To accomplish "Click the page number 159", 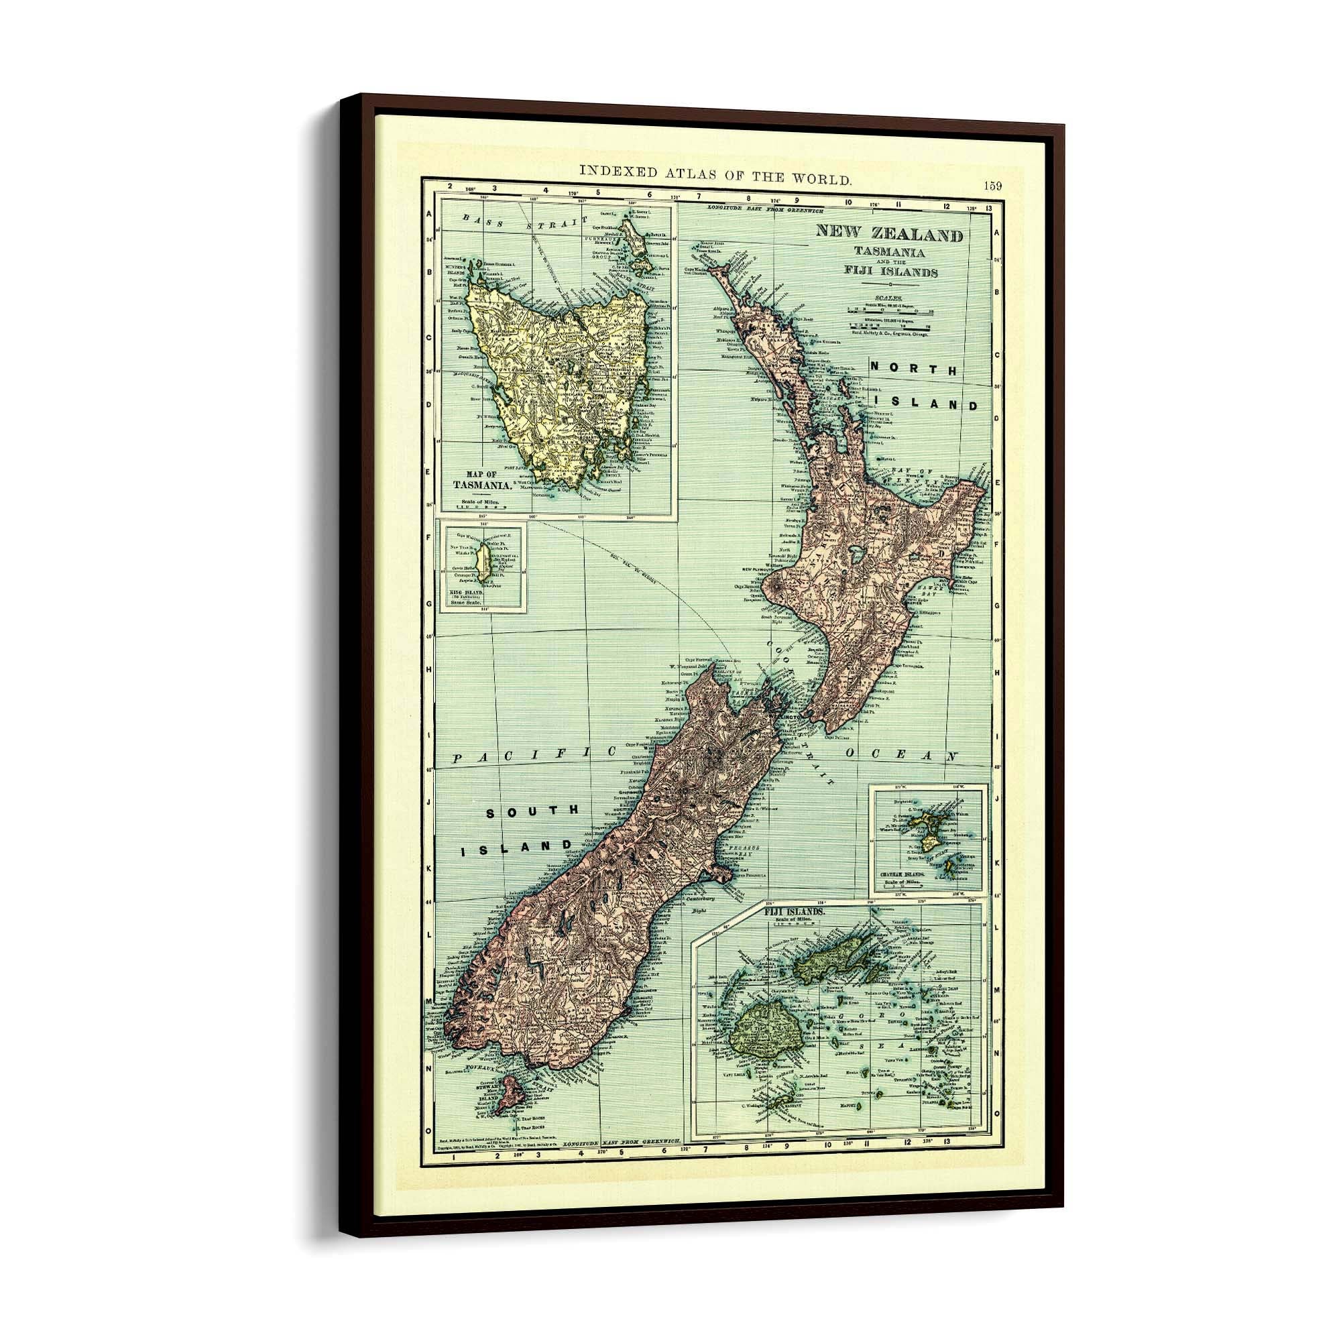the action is (x=992, y=185).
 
